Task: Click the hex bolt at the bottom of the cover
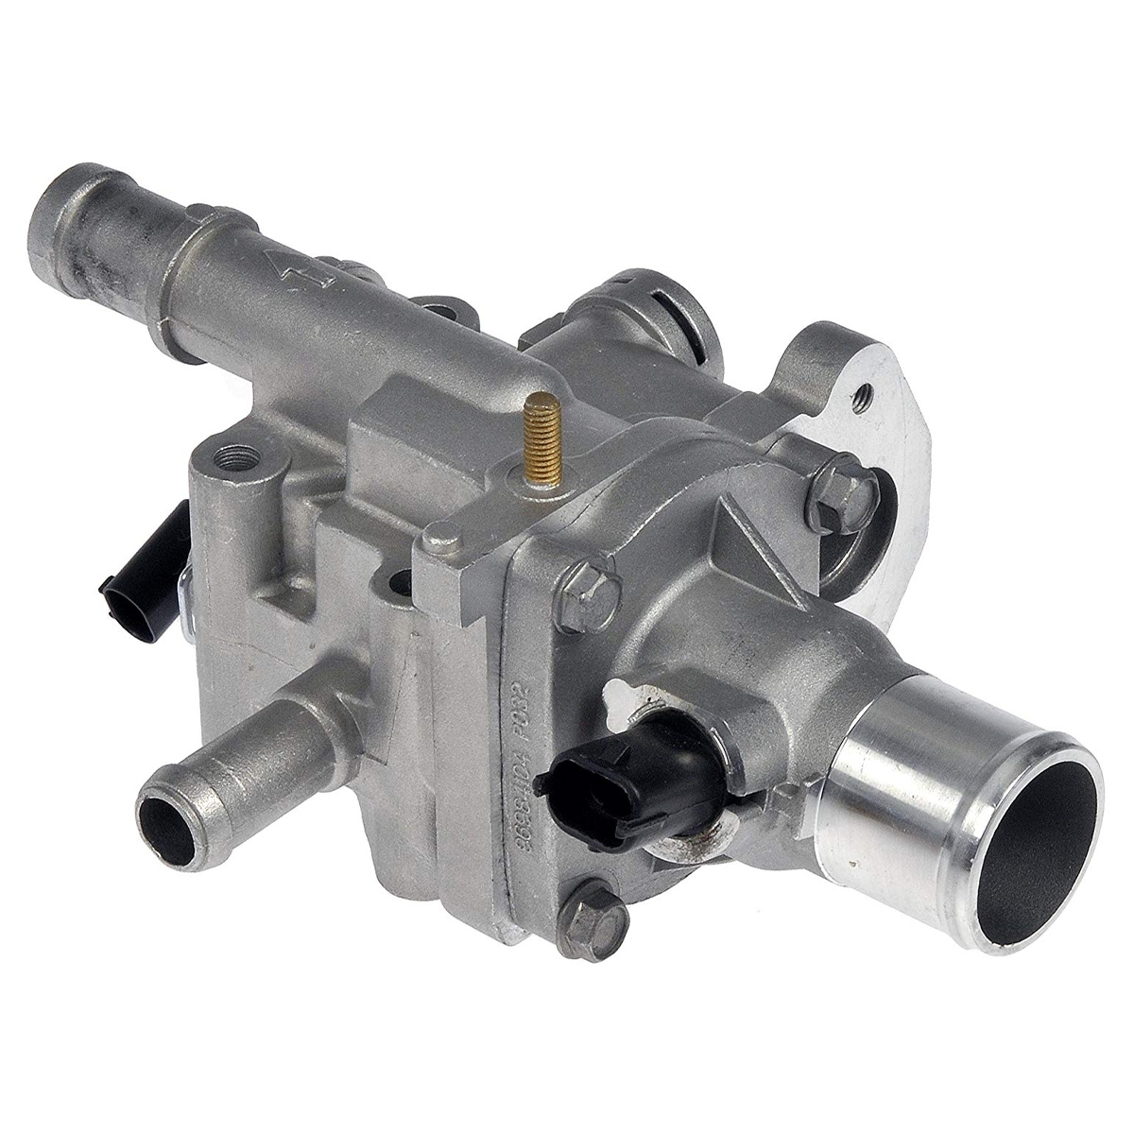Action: tap(593, 921)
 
